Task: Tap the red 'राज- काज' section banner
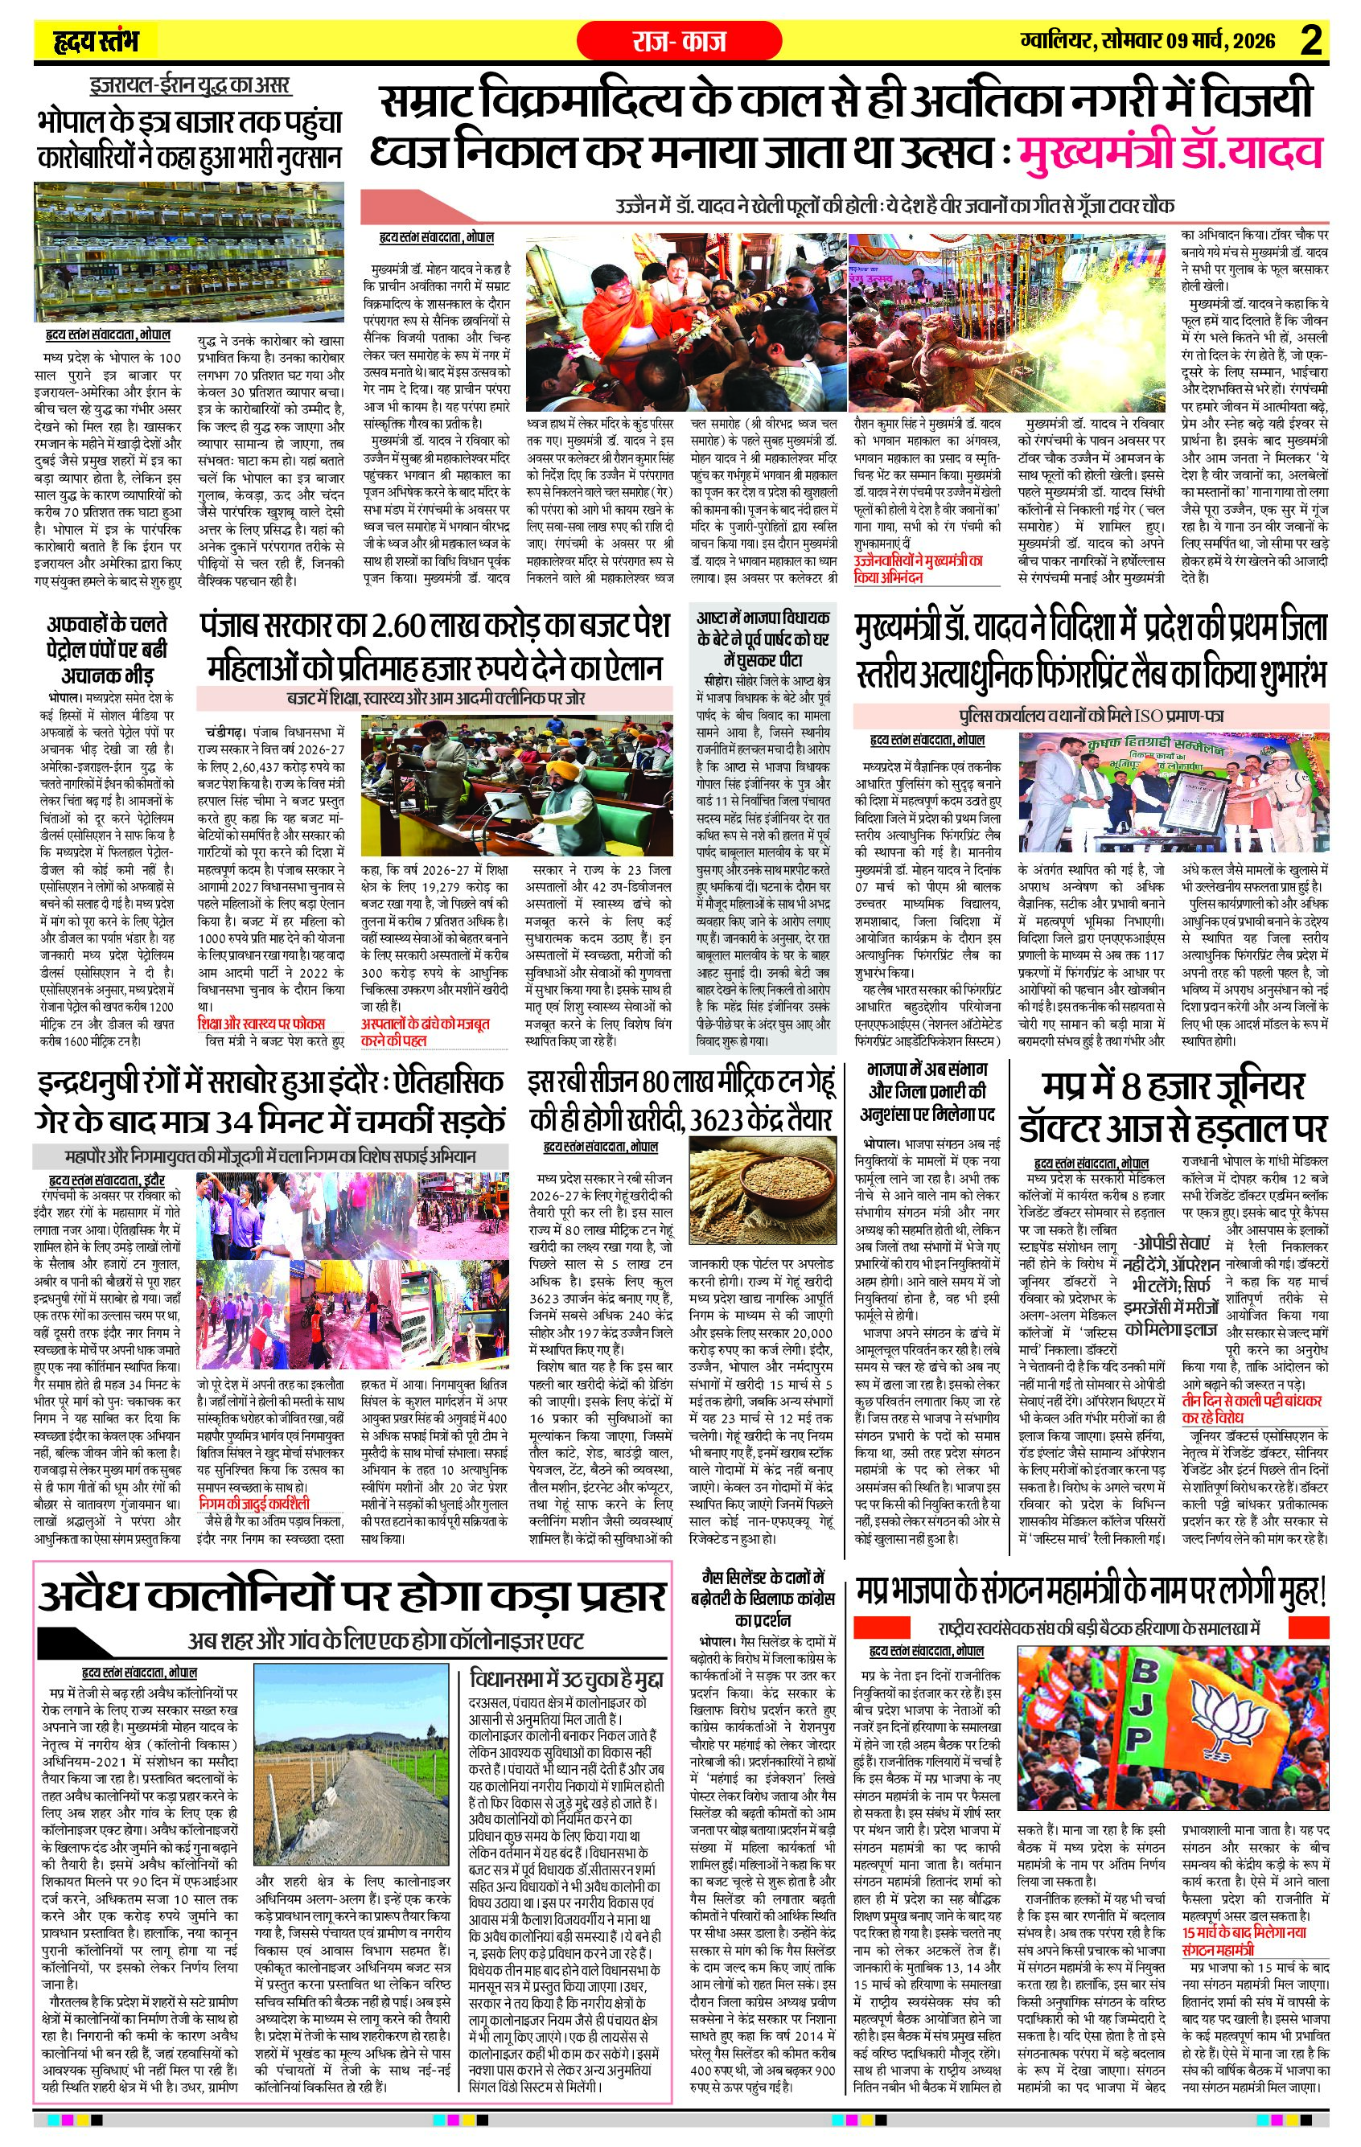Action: (x=679, y=41)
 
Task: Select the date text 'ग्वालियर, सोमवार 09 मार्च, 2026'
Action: (x=1148, y=41)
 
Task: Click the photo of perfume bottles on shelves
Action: (x=189, y=252)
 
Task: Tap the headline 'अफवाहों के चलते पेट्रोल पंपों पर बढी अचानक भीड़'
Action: (x=107, y=648)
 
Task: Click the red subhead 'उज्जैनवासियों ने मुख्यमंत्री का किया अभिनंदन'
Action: (x=918, y=569)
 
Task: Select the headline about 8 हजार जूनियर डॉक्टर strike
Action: (x=1174, y=1106)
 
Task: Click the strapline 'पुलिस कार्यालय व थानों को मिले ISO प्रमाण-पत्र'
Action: (x=1091, y=715)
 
